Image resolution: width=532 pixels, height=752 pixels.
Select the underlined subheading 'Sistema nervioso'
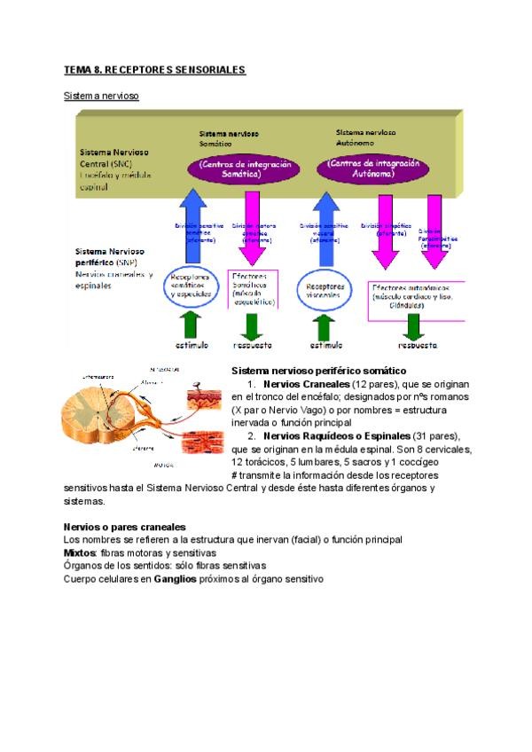pos(102,95)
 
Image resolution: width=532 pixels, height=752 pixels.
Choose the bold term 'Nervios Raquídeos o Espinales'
pos(337,436)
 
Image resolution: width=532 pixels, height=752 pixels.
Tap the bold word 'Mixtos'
pos(80,552)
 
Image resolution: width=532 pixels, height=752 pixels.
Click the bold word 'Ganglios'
pos(174,579)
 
